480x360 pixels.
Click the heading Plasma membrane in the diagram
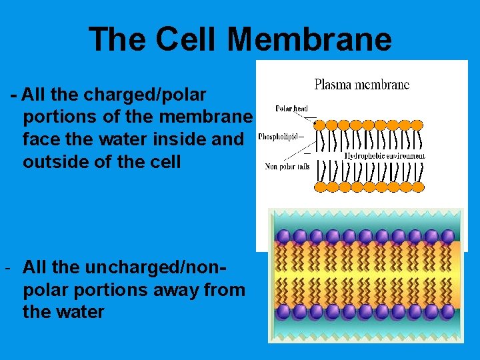(361, 85)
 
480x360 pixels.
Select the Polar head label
(291, 109)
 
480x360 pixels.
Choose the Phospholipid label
(277, 136)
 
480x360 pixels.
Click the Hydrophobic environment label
(385, 156)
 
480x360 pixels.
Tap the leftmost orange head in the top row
(320, 124)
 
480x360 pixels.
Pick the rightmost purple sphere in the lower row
(447, 311)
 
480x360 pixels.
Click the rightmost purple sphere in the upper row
(447, 237)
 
